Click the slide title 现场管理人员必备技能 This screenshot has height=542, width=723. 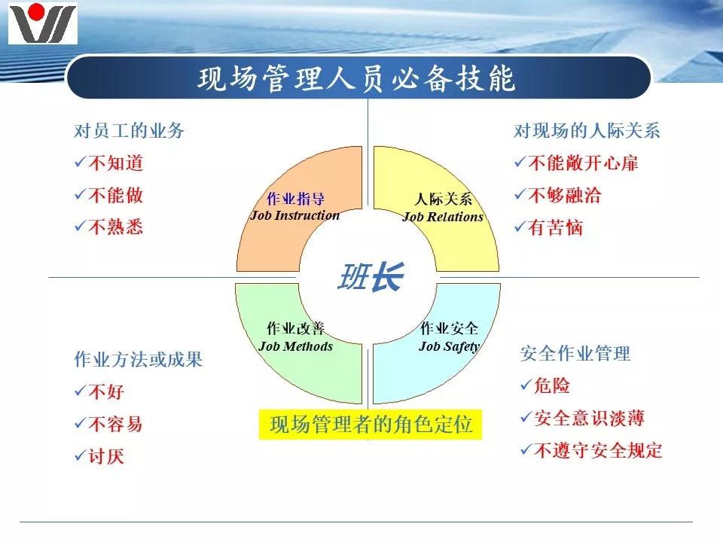point(357,78)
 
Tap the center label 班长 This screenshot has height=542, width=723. point(369,278)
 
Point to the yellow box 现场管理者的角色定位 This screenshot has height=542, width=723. point(371,425)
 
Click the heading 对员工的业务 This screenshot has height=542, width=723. point(129,130)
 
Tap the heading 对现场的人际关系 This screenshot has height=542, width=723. point(587,130)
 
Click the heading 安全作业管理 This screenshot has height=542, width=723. point(575,353)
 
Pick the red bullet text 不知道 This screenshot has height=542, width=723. point(116,163)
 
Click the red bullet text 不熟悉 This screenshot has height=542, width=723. point(116,227)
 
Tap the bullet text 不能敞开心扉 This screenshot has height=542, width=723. point(584,163)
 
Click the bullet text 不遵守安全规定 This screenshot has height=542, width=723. point(598,450)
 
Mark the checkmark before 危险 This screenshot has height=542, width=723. point(525,385)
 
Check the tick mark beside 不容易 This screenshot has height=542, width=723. point(80,424)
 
